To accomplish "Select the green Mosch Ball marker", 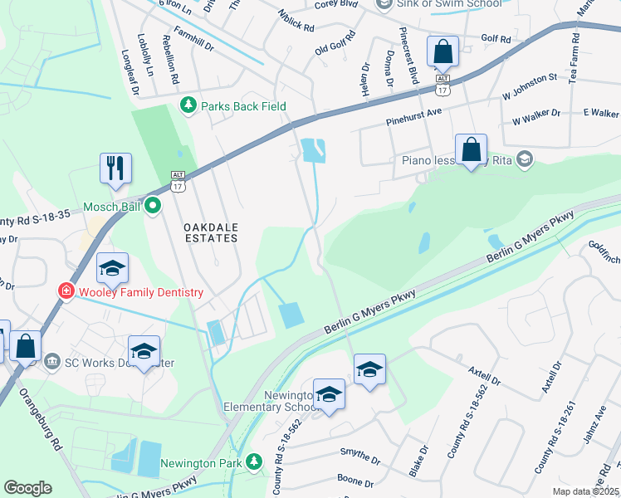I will click(153, 205).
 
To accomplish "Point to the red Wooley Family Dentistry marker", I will click(65, 291).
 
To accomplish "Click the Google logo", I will click(27, 488).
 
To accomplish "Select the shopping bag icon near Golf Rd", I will click(443, 52).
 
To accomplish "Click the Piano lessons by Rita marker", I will click(524, 159).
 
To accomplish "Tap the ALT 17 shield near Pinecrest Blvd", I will click(443, 85).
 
